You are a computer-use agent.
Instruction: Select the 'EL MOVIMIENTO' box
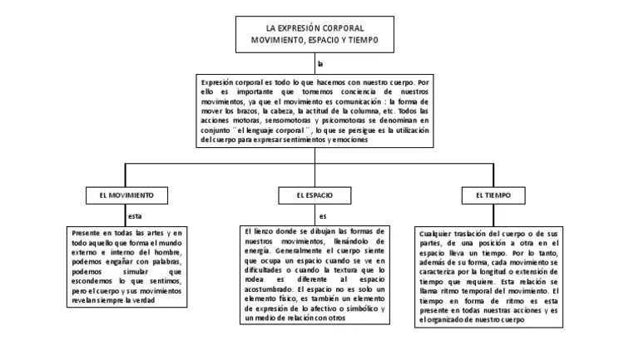[121, 195]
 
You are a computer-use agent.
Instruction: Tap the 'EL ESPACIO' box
[314, 195]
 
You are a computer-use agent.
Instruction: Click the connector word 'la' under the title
[320, 63]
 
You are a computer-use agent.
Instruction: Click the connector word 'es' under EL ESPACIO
[323, 216]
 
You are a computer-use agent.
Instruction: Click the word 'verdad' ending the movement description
[144, 300]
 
